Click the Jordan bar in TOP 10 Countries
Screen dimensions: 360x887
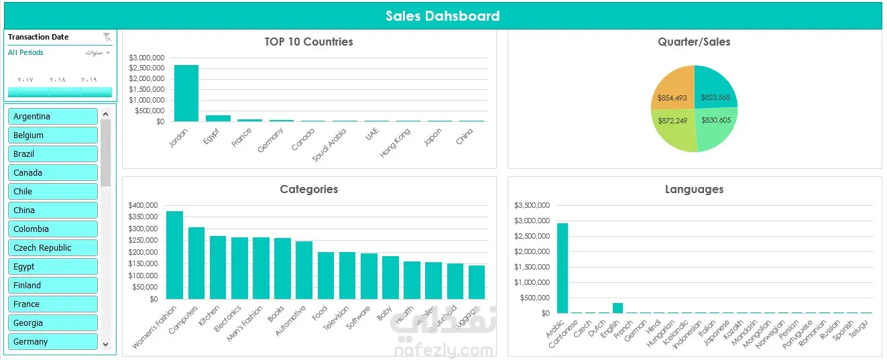[x=186, y=93]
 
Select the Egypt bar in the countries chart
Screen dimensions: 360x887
[x=218, y=118]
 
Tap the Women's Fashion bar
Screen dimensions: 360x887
[x=174, y=255]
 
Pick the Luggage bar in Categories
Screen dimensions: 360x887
[x=477, y=282]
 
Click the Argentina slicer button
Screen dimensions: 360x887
[x=53, y=117]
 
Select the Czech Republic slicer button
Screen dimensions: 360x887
[x=53, y=248]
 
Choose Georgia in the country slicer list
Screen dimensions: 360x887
[x=53, y=323]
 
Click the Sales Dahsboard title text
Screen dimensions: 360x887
[x=442, y=16]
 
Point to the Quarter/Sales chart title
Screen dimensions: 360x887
[x=694, y=42]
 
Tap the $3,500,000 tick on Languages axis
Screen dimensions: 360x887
[x=532, y=205]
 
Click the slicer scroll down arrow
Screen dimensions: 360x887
[x=106, y=343]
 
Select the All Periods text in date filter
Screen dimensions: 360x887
[x=26, y=52]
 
